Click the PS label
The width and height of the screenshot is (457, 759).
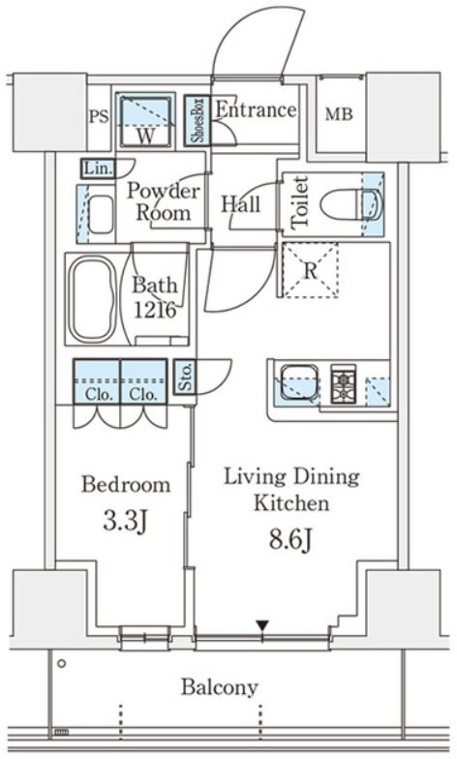tap(99, 116)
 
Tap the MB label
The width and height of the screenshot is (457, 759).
tap(339, 114)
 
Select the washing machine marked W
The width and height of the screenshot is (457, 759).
tap(145, 120)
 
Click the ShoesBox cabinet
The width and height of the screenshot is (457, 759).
tap(198, 120)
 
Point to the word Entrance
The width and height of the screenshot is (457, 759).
tap(256, 110)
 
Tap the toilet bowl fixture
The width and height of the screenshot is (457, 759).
tap(352, 203)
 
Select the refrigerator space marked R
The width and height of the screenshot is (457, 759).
tap(310, 269)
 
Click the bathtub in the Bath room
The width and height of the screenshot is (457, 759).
tap(93, 299)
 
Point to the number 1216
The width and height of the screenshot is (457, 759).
tap(155, 310)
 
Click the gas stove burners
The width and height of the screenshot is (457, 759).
tap(343, 383)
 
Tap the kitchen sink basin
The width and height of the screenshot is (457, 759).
tap(298, 382)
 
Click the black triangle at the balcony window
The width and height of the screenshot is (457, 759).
tap(262, 625)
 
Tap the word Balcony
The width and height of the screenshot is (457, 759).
tap(219, 687)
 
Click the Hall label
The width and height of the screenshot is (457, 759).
tap(240, 205)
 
